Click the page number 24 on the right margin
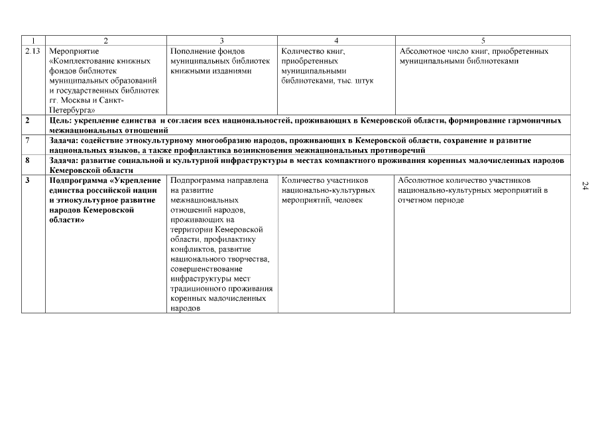(585, 187)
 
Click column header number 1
(33, 41)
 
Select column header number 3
(221, 41)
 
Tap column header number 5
(483, 41)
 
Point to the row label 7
(28, 141)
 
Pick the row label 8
(28, 160)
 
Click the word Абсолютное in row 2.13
(422, 51)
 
